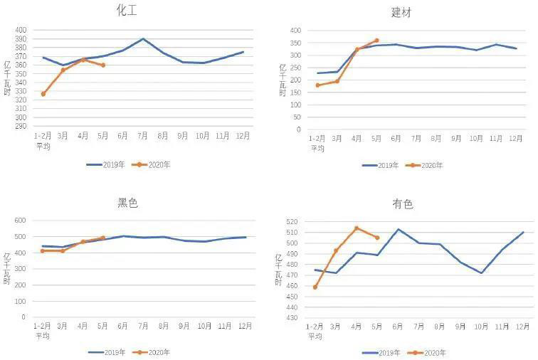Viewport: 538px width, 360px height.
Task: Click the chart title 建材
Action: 401,12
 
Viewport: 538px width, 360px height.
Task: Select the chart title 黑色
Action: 127,203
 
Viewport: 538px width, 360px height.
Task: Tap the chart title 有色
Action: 402,204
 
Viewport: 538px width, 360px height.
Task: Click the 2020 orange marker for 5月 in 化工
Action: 103,65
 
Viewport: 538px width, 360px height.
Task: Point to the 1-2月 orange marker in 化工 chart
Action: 43,94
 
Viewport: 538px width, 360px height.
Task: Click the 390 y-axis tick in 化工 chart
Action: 21,39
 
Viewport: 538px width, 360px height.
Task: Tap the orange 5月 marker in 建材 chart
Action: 376,41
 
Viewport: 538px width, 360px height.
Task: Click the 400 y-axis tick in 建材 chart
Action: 295,31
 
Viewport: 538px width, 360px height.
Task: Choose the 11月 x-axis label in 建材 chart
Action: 496,139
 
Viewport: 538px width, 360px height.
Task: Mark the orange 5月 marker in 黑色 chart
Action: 103,238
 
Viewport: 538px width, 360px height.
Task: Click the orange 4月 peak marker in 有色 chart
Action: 357,228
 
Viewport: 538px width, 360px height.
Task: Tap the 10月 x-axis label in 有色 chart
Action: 482,327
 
